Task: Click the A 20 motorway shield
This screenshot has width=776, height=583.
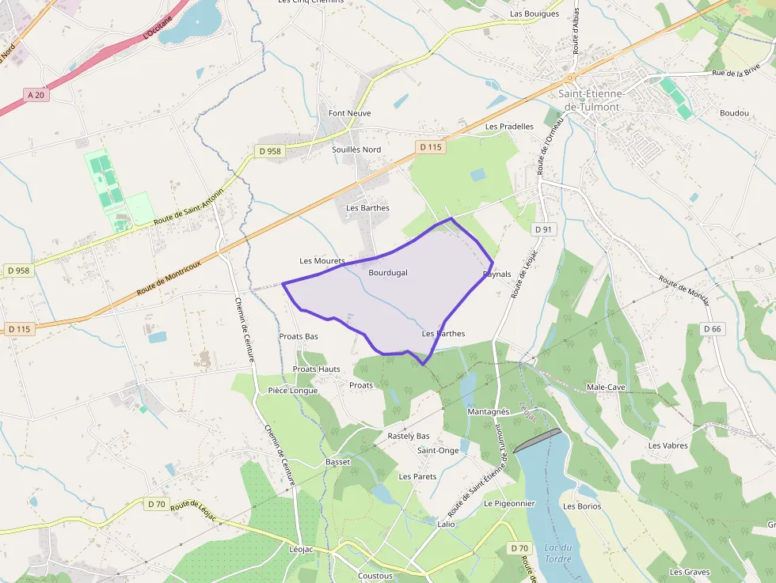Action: click(36, 94)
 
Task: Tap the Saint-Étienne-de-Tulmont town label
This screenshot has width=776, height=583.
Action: click(592, 100)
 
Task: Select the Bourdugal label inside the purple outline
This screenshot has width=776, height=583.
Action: click(388, 273)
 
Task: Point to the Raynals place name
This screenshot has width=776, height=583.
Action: click(497, 274)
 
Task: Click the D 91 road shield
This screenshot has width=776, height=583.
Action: click(543, 229)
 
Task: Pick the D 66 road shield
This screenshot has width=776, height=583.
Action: click(713, 329)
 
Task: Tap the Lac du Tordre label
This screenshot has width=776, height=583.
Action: click(558, 554)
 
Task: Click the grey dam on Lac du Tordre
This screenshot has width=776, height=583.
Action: click(538, 441)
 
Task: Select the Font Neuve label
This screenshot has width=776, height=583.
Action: click(350, 114)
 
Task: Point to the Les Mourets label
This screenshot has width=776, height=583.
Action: click(322, 261)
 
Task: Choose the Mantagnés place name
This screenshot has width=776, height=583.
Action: click(489, 412)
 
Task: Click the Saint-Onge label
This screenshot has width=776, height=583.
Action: click(438, 451)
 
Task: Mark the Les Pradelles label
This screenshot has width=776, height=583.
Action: click(509, 127)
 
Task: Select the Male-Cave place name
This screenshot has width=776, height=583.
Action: click(606, 388)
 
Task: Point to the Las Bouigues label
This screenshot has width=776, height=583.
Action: click(534, 14)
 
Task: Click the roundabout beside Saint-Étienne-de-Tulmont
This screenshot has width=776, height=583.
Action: click(569, 78)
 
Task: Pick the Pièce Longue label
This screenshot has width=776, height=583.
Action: click(293, 391)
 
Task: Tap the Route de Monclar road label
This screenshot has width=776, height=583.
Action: click(683, 290)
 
